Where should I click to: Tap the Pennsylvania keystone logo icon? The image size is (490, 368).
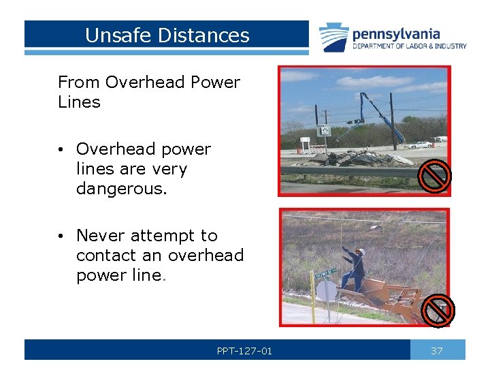(x=334, y=38)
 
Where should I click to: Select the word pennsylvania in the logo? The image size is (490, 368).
(x=396, y=33)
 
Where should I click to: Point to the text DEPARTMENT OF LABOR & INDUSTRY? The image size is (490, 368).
(x=409, y=46)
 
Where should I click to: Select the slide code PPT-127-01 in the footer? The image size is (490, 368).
(x=244, y=351)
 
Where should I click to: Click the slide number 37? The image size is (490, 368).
(x=437, y=351)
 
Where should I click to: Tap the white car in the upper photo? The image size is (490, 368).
(x=423, y=144)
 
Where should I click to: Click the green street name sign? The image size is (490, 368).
(x=325, y=275)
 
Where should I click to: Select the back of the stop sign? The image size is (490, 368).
(x=326, y=291)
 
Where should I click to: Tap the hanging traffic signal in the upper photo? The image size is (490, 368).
(x=354, y=121)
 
